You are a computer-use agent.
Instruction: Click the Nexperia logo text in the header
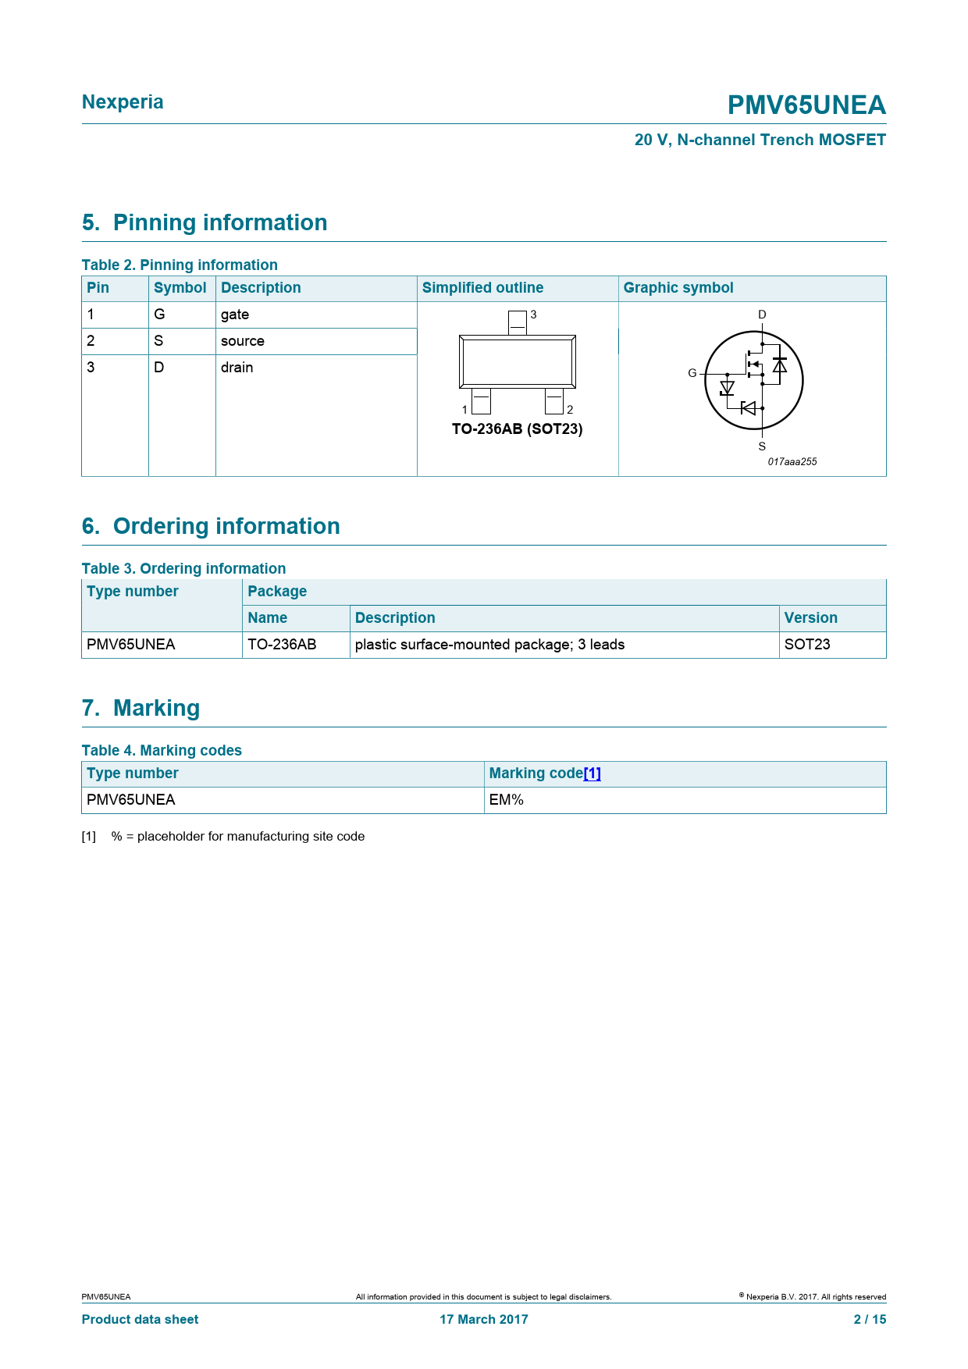pos(123,102)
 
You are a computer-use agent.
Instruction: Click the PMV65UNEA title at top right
pos(806,105)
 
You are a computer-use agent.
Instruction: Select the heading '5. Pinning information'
pos(205,222)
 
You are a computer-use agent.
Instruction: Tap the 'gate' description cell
pos(235,315)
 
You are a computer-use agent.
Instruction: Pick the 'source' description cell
pos(243,341)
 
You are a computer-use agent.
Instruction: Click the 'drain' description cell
pos(237,368)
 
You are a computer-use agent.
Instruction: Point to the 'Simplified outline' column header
pos(482,288)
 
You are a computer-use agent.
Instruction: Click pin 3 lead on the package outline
pos(517,322)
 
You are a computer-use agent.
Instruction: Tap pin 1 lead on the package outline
pos(481,401)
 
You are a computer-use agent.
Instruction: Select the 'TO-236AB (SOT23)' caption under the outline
pos(517,429)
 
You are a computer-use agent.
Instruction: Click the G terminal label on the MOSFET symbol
pos(692,373)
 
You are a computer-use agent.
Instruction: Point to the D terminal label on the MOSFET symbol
pos(762,315)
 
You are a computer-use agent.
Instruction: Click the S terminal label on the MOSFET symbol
pos(762,446)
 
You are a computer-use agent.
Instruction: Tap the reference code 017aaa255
pos(792,462)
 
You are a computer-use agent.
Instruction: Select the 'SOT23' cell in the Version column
pos(807,645)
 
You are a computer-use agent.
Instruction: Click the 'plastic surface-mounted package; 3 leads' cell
pos(489,645)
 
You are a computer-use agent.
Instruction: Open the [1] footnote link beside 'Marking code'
pos(592,773)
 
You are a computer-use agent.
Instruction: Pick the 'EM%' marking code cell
pos(507,800)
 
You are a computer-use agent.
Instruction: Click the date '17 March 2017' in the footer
pos(484,1319)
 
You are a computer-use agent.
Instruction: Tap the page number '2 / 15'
pos(870,1319)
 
